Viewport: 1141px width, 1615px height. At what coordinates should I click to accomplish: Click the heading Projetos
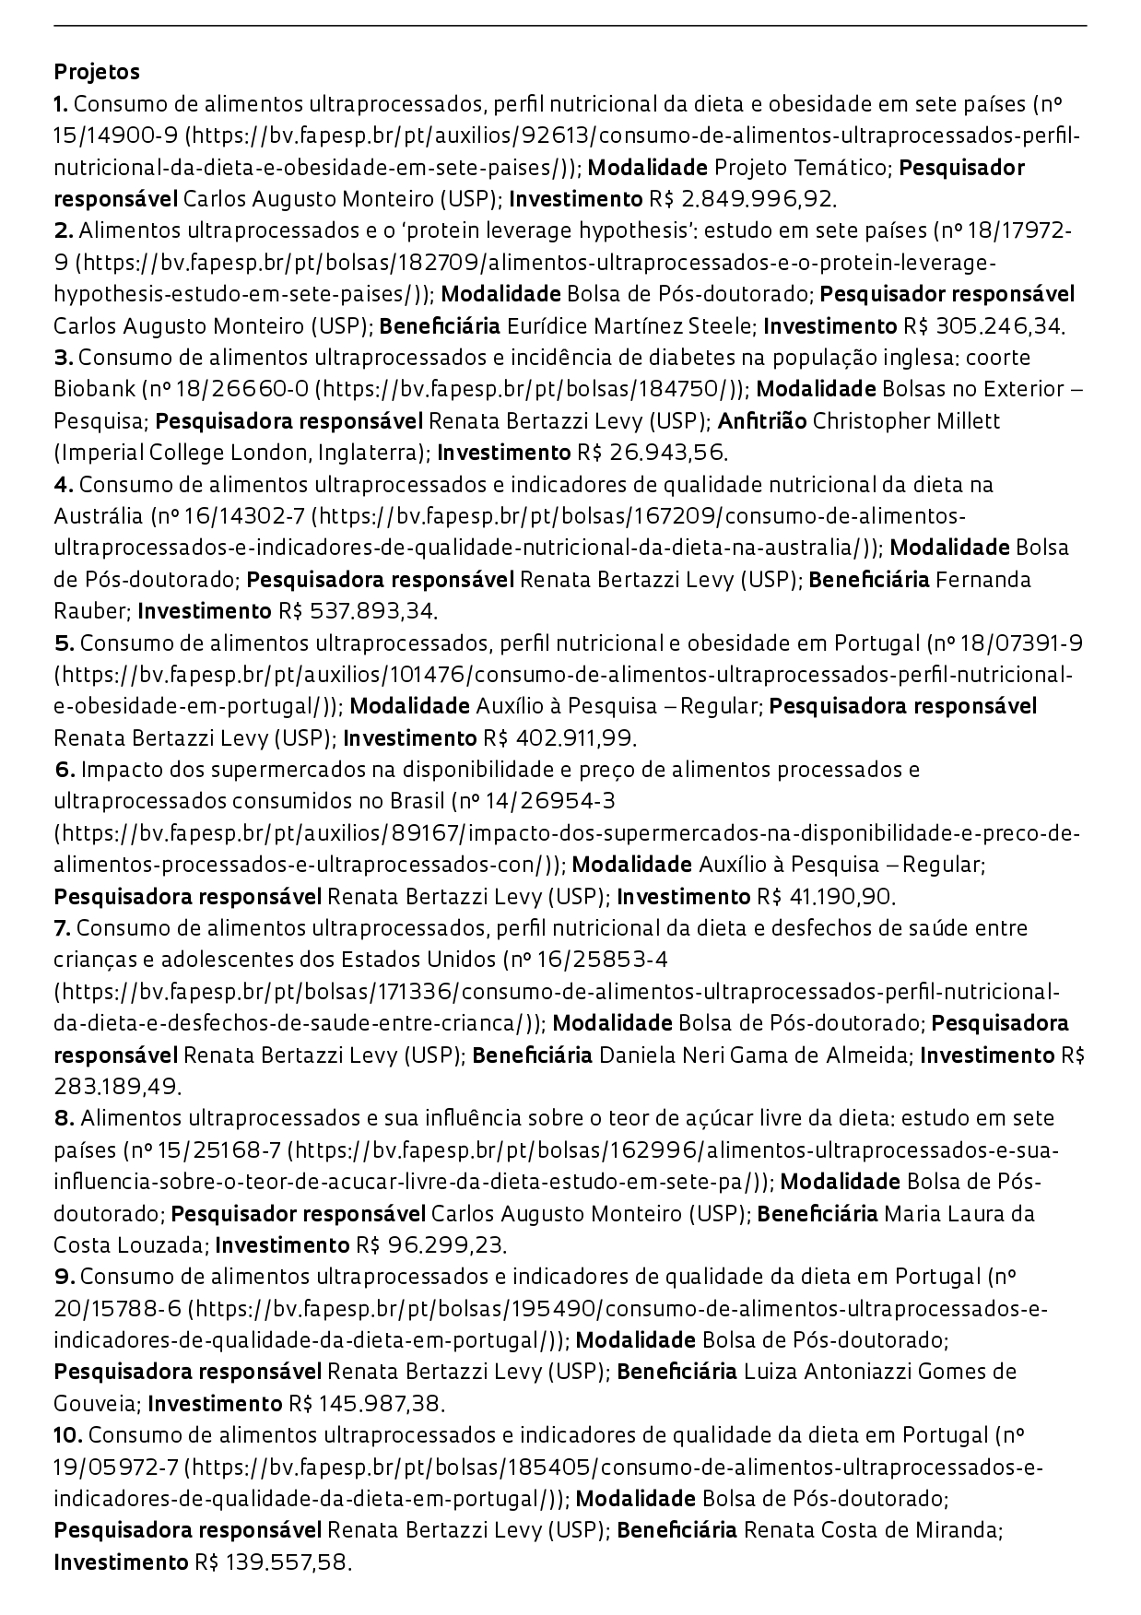[x=97, y=71]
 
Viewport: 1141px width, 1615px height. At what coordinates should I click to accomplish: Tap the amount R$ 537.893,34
[x=358, y=611]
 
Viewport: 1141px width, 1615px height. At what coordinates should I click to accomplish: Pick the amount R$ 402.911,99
[x=560, y=738]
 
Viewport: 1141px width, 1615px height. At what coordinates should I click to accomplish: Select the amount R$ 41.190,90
[x=826, y=897]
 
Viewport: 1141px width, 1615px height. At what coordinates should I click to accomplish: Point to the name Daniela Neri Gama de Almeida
[x=754, y=1055]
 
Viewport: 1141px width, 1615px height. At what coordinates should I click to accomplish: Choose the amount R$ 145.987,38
[x=367, y=1404]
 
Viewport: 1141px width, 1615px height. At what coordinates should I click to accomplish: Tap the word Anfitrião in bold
[x=762, y=420]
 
